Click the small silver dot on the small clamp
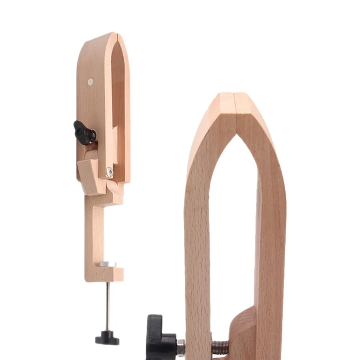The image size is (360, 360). click(x=91, y=82)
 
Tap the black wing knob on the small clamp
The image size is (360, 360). click(x=84, y=133)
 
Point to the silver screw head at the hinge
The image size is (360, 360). click(x=109, y=172)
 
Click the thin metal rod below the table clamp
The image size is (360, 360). click(x=107, y=304)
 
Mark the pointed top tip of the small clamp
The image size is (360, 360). click(x=114, y=34)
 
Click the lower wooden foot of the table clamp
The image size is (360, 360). click(x=105, y=274)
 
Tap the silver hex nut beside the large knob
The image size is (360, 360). click(x=180, y=346)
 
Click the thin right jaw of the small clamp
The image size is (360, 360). click(x=125, y=112)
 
